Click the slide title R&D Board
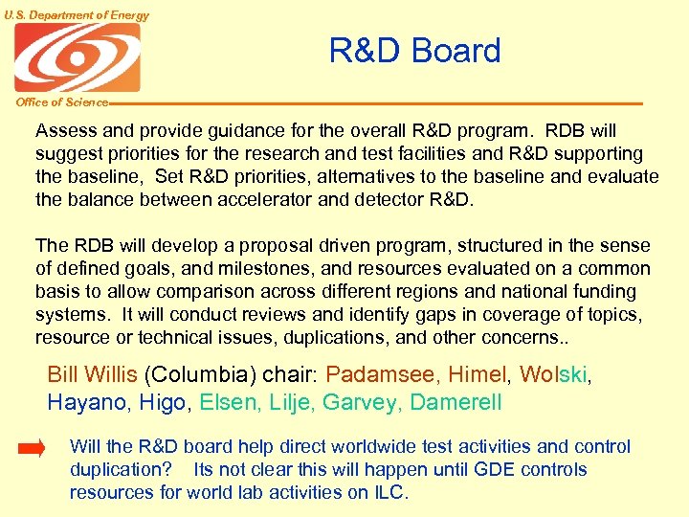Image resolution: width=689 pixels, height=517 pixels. pos(414,51)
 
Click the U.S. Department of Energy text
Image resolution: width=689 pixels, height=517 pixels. pos(76,14)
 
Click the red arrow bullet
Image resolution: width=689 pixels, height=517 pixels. pos(32,448)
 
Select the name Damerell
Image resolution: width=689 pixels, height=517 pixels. pos(456,403)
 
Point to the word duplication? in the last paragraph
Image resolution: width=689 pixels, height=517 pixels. pos(121,470)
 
